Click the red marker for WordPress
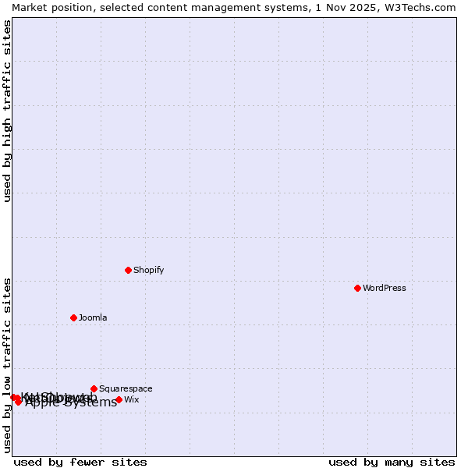pyautogui.click(x=358, y=288)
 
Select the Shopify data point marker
pyautogui.click(x=129, y=270)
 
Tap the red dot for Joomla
pyautogui.click(x=74, y=317)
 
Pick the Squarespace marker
pyautogui.click(x=94, y=388)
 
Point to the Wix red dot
pyautogui.click(x=119, y=399)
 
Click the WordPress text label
pyautogui.click(x=385, y=288)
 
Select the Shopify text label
pyautogui.click(x=149, y=270)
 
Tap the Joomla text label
pyautogui.click(x=93, y=317)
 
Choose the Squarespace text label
pyautogui.click(x=126, y=388)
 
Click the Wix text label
pyautogui.click(x=132, y=399)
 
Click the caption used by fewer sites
pyautogui.click(x=80, y=462)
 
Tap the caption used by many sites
pyautogui.click(x=392, y=462)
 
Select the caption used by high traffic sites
pyautogui.click(x=7, y=112)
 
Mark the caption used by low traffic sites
pyautogui.click(x=7, y=364)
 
